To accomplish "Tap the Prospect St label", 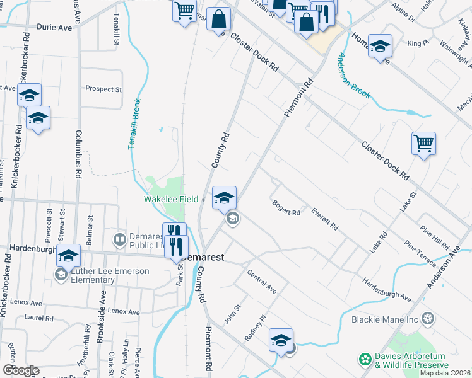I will click(x=103, y=89).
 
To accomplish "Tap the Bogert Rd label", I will click(x=286, y=208).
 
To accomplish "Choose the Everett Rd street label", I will click(x=325, y=219).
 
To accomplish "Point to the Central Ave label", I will click(x=262, y=283).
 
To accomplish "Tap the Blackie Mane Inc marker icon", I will click(x=428, y=319).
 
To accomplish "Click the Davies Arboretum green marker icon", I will click(x=365, y=360).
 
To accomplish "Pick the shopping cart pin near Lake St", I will click(x=423, y=143).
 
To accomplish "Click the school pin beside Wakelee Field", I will click(x=224, y=197).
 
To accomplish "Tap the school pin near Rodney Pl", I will click(x=281, y=340).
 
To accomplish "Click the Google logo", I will click(x=21, y=370).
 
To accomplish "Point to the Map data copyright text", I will click(x=444, y=373).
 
